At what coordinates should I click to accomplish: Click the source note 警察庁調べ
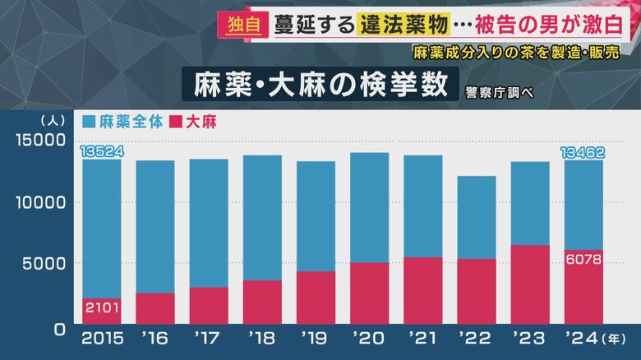coord(499,90)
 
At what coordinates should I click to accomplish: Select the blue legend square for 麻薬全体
coord(90,122)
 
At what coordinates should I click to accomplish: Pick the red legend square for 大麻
coord(175,122)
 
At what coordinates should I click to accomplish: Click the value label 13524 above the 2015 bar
coord(101,152)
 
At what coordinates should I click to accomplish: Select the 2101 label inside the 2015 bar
coord(101,307)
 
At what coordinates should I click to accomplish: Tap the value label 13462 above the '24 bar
coord(583,152)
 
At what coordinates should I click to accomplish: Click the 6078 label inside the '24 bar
coord(583,259)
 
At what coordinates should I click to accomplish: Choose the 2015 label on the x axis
coord(101,338)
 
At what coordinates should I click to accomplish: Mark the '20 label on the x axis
coord(369,338)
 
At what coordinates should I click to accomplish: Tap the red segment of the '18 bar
coord(262,302)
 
